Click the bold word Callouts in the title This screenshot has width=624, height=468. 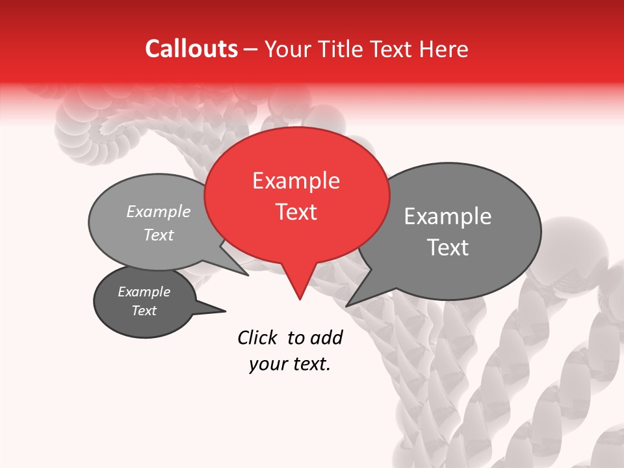click(x=191, y=49)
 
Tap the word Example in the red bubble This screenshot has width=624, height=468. click(x=296, y=181)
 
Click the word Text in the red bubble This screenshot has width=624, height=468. click(x=296, y=212)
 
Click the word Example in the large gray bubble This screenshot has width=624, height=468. click(x=447, y=216)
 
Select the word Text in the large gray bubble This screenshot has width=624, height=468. click(x=447, y=248)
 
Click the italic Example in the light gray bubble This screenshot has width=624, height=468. click(x=159, y=211)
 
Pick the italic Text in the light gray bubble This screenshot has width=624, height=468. click(x=159, y=235)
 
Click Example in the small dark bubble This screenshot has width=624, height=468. click(x=144, y=292)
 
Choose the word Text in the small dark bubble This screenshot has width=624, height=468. click(x=144, y=311)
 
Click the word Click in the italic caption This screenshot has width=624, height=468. click(x=258, y=337)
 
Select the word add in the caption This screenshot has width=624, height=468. click(x=326, y=337)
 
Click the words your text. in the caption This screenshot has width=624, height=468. click(x=290, y=364)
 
